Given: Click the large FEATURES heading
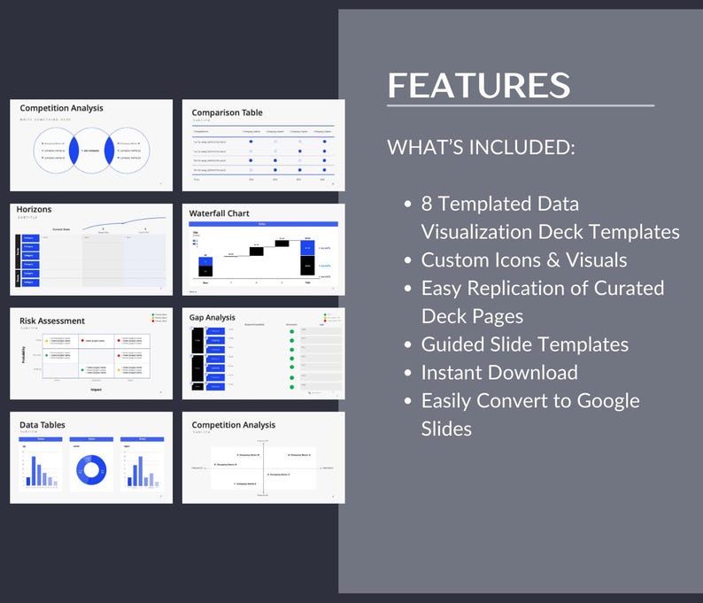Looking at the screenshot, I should [x=478, y=85].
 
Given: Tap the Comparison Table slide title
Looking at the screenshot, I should [x=227, y=112].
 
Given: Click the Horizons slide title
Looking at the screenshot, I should [x=34, y=210].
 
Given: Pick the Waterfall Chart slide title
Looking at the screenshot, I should [x=219, y=213].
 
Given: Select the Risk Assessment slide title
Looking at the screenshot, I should [x=52, y=321].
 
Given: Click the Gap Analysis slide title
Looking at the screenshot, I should [x=212, y=316].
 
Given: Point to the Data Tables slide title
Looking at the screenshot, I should [x=42, y=425].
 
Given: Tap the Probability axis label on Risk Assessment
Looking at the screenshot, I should [x=23, y=354].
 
